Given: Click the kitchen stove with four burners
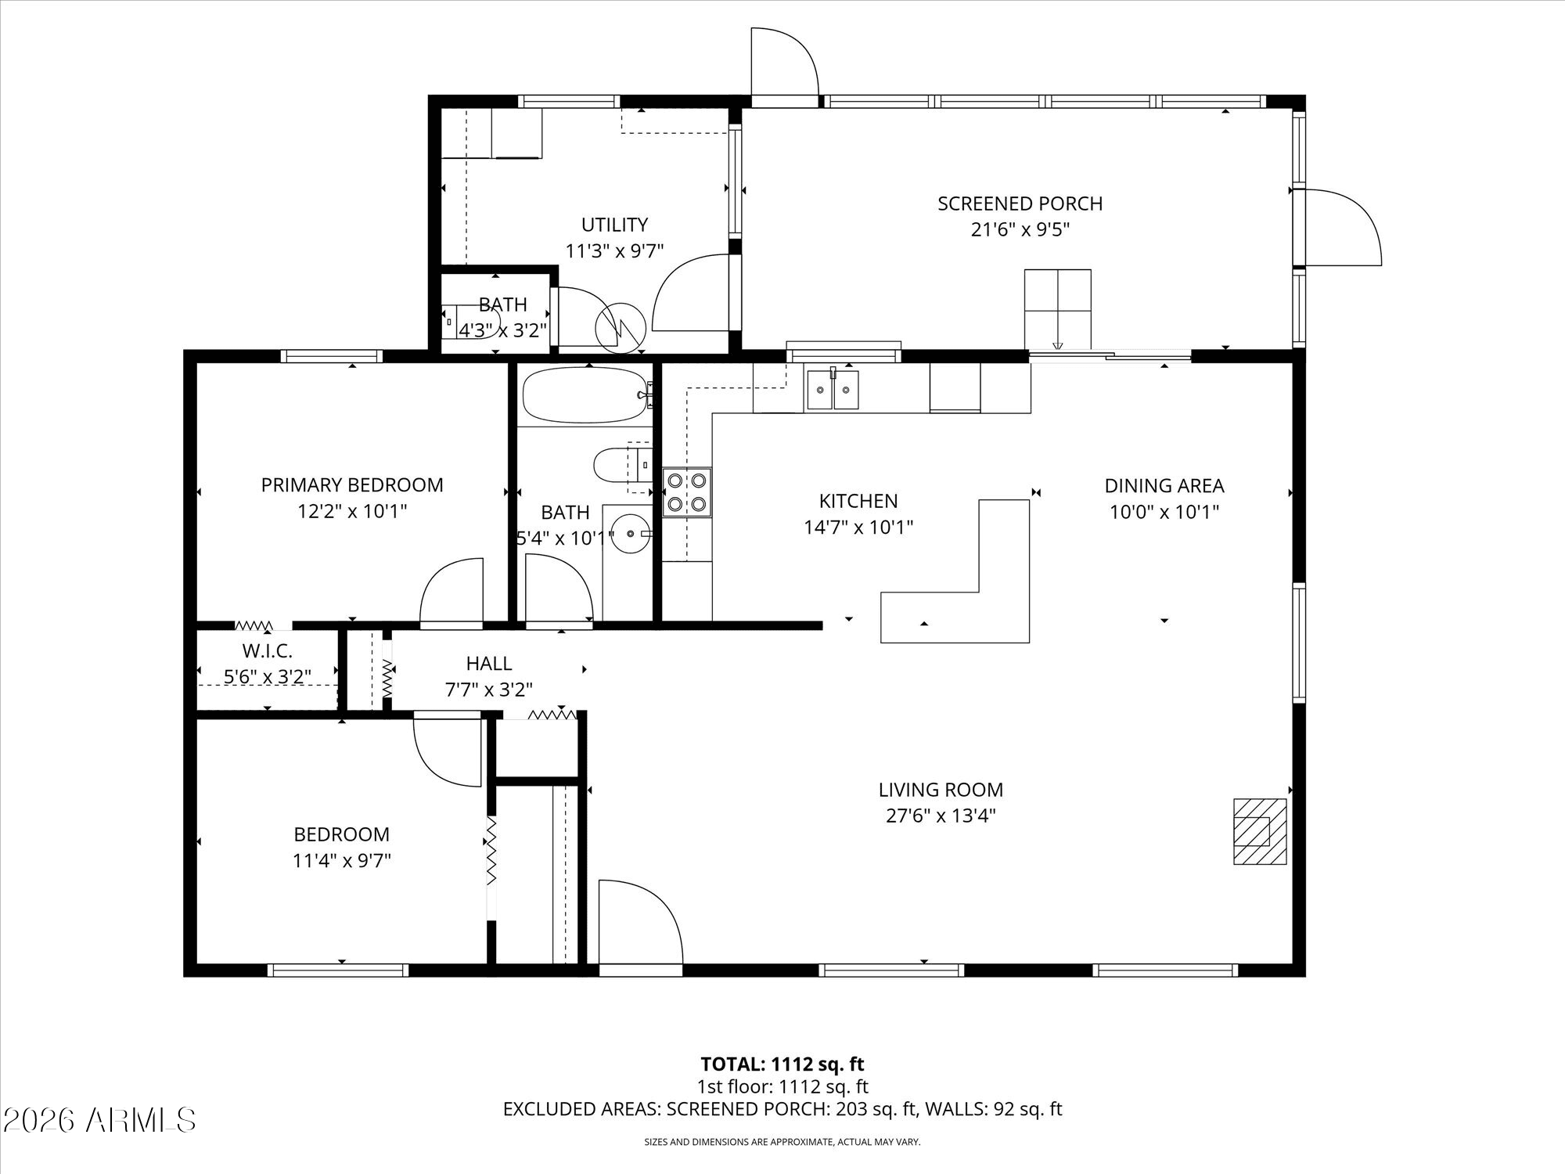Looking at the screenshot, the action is [x=687, y=492].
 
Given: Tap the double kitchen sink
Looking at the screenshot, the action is [x=833, y=389].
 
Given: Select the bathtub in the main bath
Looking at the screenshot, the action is [x=586, y=395].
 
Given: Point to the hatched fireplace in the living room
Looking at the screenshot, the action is [x=1260, y=831].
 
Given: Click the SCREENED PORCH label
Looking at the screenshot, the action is [x=1020, y=203].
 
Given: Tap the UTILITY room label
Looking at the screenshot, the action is [x=614, y=225].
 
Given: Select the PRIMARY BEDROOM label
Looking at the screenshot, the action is [x=352, y=485].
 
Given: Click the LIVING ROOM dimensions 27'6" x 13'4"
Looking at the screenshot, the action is [x=941, y=816].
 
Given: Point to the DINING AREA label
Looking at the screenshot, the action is [x=1164, y=486].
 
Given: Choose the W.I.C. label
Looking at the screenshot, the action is [x=267, y=650].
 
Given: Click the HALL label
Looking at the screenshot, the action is [x=489, y=664].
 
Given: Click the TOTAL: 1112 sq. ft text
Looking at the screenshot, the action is [x=782, y=1064].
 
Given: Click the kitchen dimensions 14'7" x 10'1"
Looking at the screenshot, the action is [x=858, y=528].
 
